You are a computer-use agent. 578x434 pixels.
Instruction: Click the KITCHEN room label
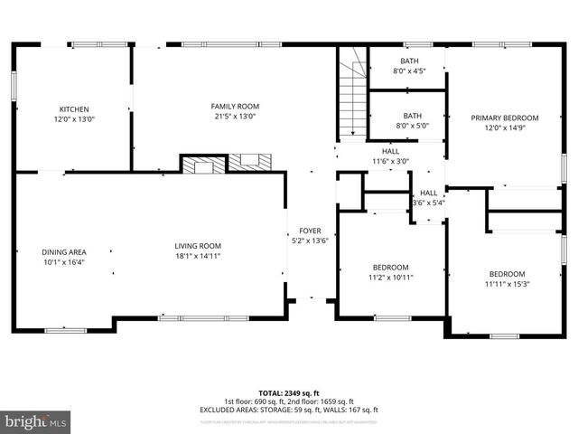(x=74, y=108)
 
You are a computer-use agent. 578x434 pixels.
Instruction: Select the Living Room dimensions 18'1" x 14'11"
(x=198, y=256)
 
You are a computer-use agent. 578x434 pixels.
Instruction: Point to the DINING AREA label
(x=63, y=252)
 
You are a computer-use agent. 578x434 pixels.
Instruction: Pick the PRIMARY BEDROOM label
(x=504, y=118)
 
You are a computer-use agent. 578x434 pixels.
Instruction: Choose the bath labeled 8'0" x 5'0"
(x=412, y=127)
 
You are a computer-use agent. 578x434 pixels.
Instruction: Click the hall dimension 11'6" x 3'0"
(x=390, y=162)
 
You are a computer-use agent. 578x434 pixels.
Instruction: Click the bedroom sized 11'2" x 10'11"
(x=390, y=278)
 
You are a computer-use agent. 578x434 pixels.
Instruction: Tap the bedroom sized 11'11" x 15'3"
(x=507, y=285)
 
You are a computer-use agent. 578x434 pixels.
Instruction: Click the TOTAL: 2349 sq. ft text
(x=289, y=393)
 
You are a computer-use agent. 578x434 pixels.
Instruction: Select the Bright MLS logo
(x=36, y=421)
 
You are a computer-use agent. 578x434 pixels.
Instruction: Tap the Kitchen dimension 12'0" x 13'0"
(x=74, y=118)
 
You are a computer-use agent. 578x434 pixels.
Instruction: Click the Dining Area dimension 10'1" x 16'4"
(x=63, y=263)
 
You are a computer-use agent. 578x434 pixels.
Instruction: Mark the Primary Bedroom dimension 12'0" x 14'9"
(x=504, y=128)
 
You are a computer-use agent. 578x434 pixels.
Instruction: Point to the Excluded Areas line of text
(x=289, y=410)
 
